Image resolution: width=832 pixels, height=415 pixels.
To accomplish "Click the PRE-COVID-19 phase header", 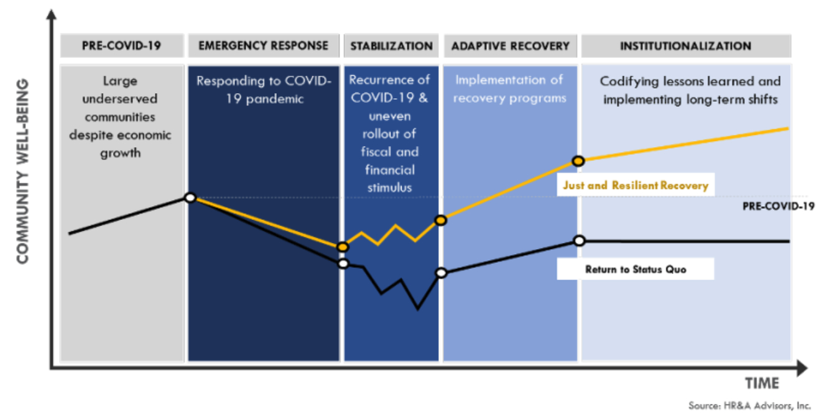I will click(122, 46).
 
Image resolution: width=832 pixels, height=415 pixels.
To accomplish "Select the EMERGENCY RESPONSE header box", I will click(263, 46).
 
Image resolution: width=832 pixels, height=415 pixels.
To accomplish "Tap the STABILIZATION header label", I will click(391, 46).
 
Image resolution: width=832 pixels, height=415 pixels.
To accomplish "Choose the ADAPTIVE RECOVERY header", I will click(510, 46).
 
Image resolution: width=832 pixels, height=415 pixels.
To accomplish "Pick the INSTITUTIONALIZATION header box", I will click(685, 46).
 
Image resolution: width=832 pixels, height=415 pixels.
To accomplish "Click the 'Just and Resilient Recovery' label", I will click(636, 185).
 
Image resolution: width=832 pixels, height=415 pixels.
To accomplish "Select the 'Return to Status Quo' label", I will click(636, 270).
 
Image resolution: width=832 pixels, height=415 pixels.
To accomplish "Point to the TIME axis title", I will click(762, 384).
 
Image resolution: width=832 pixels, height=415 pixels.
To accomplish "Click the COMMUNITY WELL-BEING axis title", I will click(24, 171).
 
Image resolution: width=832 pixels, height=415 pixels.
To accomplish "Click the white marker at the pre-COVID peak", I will click(190, 198).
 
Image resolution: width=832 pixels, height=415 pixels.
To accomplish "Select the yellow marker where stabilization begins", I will click(342, 247).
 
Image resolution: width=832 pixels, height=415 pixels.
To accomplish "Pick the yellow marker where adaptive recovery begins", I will click(441, 220).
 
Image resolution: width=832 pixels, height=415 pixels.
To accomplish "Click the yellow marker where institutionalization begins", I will click(578, 161).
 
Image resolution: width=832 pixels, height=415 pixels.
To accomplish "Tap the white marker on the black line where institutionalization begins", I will click(579, 240).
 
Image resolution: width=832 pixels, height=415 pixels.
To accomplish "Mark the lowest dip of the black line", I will click(417, 308).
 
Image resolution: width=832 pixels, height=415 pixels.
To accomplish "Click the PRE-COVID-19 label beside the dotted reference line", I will click(779, 206).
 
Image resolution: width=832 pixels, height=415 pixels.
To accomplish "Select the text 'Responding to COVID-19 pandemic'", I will click(263, 89).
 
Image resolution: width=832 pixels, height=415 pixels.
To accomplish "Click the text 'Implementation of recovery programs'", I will click(510, 89).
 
